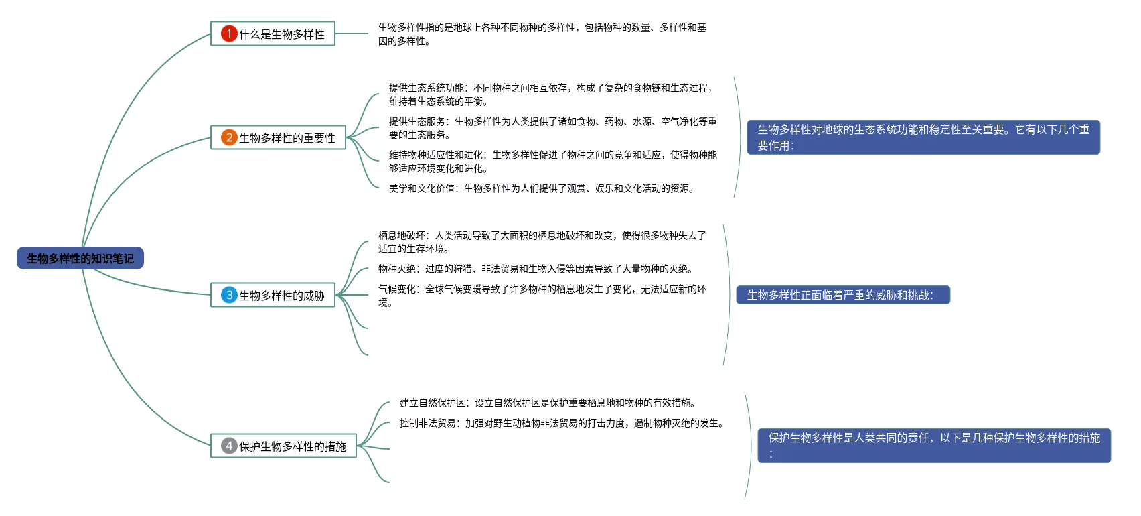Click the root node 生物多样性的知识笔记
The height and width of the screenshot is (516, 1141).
[x=80, y=259]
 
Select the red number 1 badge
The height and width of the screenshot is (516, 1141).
[x=229, y=34]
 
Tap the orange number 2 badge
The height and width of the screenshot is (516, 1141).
[x=229, y=137]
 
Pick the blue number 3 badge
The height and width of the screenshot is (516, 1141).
[x=229, y=295]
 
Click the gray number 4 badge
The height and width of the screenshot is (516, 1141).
[x=229, y=446]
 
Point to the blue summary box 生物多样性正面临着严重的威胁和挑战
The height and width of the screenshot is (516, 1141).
[x=842, y=295]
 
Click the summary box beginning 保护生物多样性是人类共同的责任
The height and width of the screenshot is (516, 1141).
[x=933, y=446]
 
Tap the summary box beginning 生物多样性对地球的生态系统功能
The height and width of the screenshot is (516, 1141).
[x=923, y=137]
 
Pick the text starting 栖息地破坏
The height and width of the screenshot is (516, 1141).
[x=542, y=242]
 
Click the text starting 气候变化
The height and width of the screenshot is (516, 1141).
[x=542, y=296]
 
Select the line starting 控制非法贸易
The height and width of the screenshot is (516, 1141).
[x=562, y=423]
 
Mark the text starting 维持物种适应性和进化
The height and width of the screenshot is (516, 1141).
[x=553, y=162]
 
